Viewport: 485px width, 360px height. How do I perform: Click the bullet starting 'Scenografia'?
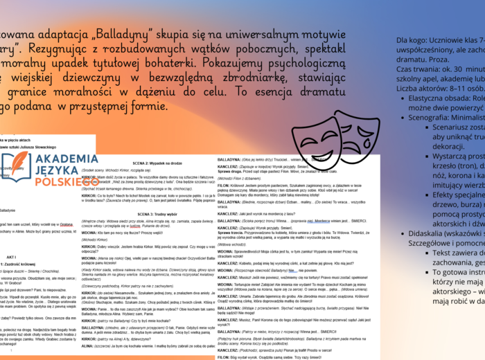point(443,118)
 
